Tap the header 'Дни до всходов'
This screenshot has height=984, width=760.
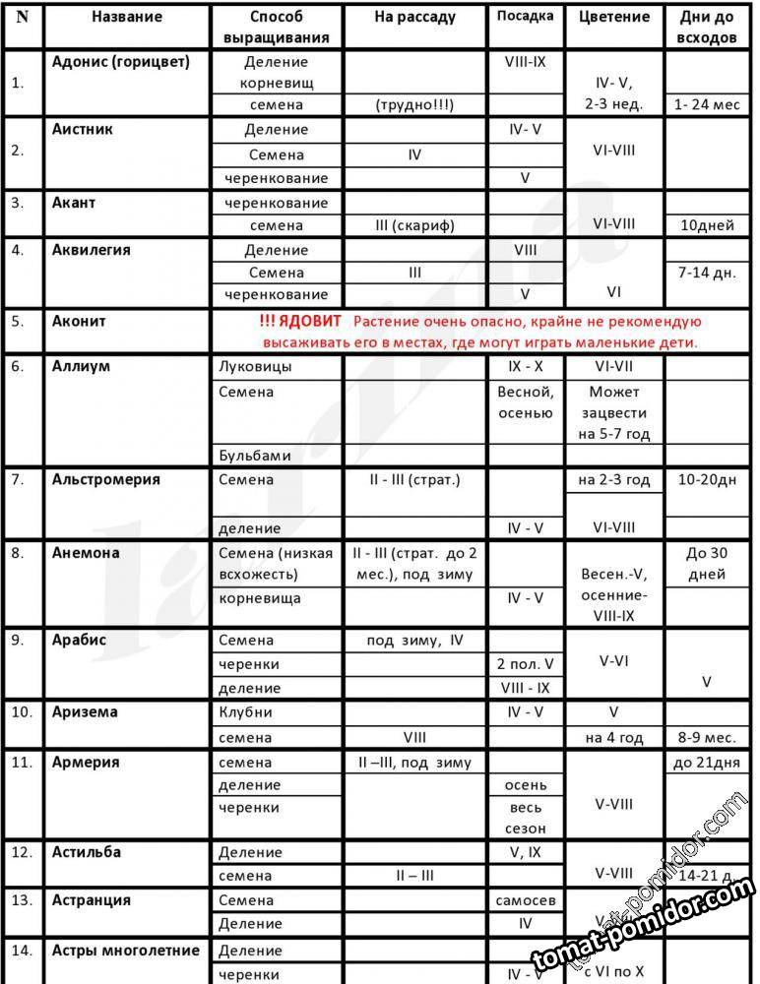point(708,28)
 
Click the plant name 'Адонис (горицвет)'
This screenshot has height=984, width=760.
point(121,62)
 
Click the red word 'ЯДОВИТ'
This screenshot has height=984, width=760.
point(310,322)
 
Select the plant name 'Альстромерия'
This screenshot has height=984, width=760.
point(106,480)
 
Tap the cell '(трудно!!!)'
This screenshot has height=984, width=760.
point(415,104)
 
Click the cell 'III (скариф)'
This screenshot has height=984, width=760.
point(415,225)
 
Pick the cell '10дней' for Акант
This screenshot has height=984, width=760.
point(708,225)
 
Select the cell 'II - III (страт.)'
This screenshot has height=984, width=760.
point(415,480)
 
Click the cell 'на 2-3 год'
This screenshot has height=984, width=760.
point(615,480)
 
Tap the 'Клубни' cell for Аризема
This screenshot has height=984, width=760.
point(245,712)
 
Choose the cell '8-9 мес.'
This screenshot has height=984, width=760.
point(708,737)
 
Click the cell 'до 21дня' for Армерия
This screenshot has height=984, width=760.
point(708,762)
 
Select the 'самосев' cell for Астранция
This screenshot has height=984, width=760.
point(527,900)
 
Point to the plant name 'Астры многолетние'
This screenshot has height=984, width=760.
point(126,951)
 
